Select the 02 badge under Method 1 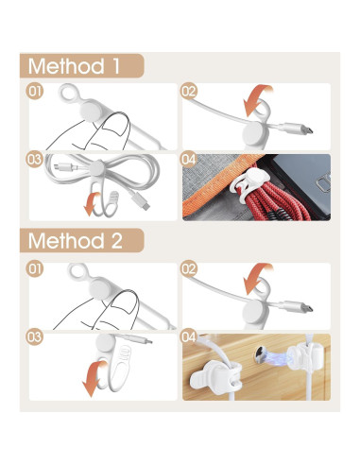189,93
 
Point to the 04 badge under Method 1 189,160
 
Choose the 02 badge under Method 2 189,268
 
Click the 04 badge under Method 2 189,336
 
